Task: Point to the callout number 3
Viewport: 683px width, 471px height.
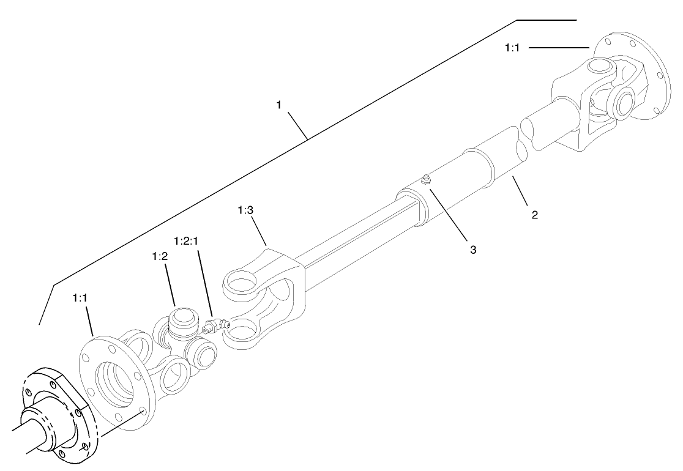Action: coord(472,249)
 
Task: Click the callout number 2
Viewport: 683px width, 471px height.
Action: coord(534,215)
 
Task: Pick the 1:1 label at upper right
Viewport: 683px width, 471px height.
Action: coord(512,47)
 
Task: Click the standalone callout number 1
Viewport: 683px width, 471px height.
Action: coord(278,105)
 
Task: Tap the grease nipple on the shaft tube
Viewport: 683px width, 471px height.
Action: coord(425,179)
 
